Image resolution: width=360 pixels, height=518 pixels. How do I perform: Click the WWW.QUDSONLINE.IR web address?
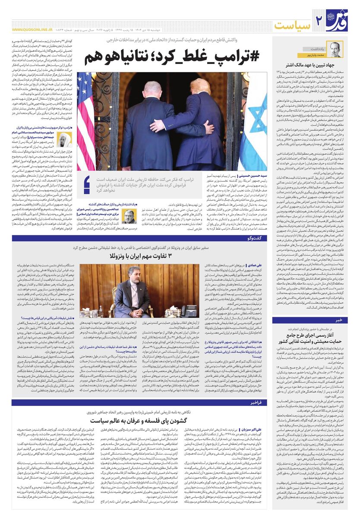pyautogui.click(x=29, y=30)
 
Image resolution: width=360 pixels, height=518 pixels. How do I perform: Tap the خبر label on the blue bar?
pyautogui.click(x=339, y=320)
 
